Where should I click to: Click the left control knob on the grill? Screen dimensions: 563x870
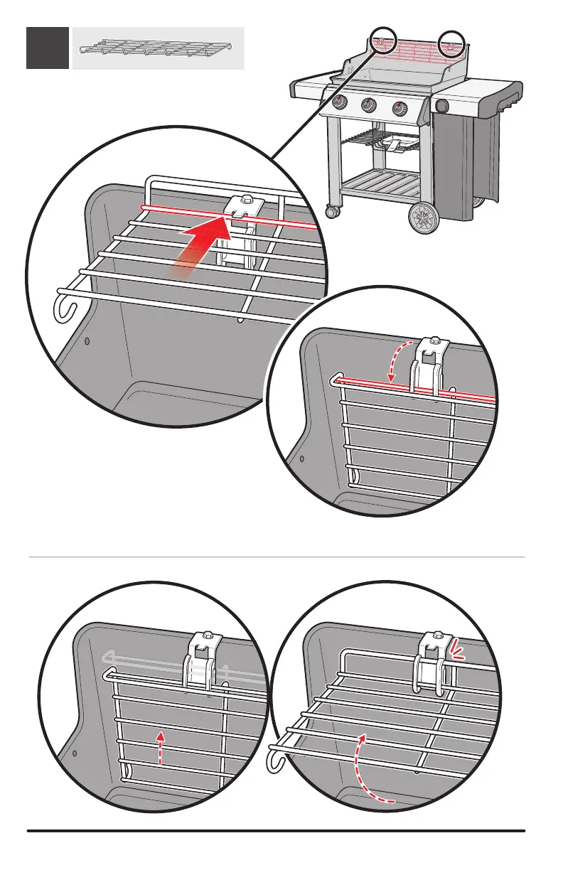point(341,103)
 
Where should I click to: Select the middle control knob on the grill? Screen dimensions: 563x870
point(369,106)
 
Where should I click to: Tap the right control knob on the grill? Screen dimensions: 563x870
point(399,109)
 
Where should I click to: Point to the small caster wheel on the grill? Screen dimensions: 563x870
point(331,212)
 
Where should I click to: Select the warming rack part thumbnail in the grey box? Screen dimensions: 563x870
point(157,48)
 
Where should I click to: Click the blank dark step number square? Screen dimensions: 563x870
point(48,48)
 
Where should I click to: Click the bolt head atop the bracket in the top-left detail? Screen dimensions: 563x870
point(247,201)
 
